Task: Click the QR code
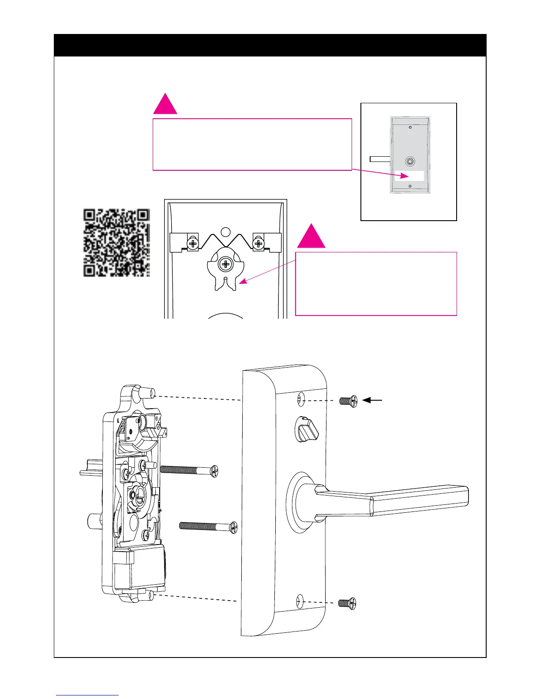tap(117, 243)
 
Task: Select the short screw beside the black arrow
tap(348, 401)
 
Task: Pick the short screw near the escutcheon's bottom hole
tap(347, 603)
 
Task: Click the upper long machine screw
tap(189, 470)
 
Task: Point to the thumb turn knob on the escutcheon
tap(306, 429)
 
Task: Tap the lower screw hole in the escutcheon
tap(300, 601)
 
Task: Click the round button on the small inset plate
tap(410, 162)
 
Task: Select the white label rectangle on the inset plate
tap(409, 176)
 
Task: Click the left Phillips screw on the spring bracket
tap(193, 243)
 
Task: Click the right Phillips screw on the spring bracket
tap(258, 243)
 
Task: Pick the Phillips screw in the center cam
tap(225, 265)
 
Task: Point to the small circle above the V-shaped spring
tap(225, 231)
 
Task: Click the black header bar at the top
tap(270, 45)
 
